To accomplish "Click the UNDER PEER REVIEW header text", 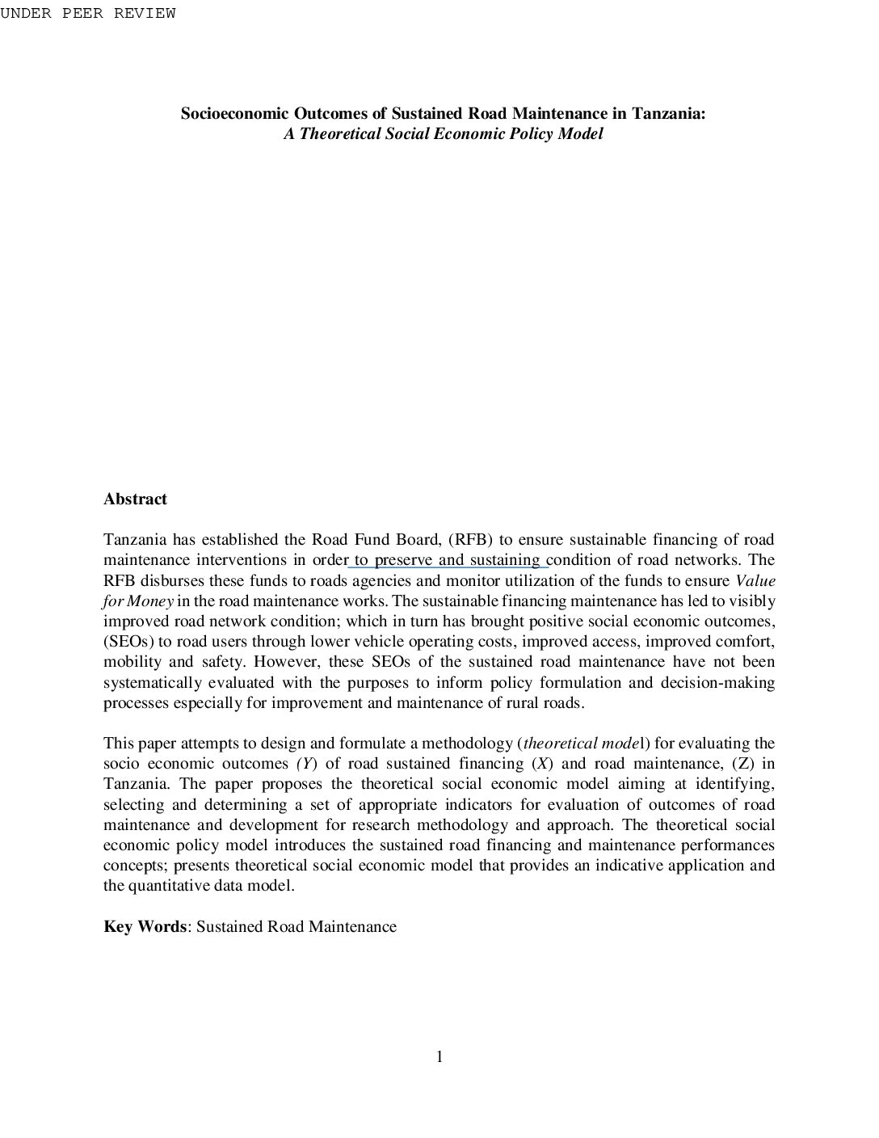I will [87, 14].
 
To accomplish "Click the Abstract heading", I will [135, 499].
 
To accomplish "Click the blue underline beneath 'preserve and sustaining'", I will [448, 567].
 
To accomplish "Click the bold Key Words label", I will [145, 927].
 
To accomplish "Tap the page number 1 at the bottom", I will [439, 1057].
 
